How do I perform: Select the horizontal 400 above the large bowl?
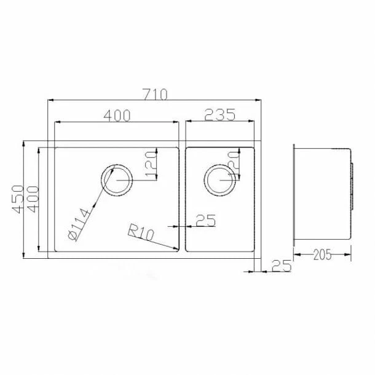click(117, 114)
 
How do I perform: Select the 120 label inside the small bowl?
click(232, 165)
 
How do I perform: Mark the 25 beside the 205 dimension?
click(280, 266)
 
